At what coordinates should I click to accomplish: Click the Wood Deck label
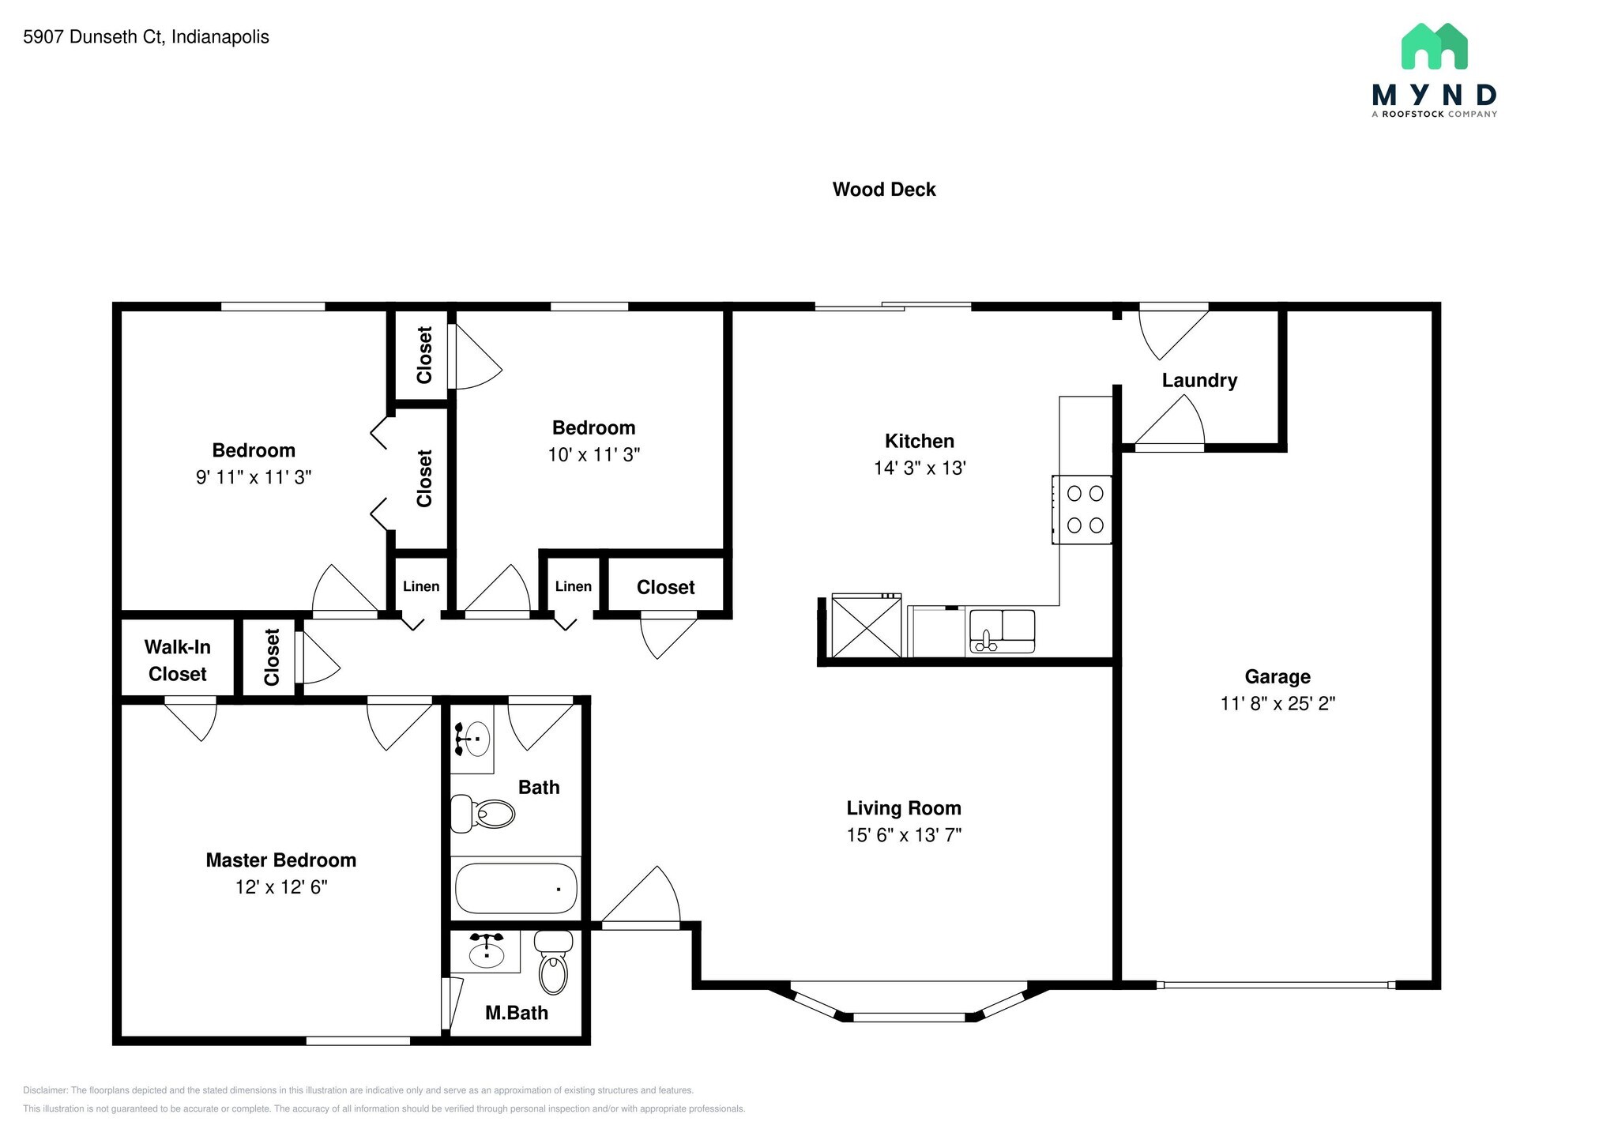[x=883, y=190]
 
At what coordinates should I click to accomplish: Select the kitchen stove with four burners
[x=1082, y=510]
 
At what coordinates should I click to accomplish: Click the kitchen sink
[x=1002, y=631]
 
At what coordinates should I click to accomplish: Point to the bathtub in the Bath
[x=515, y=888]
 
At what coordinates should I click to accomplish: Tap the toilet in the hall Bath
[x=484, y=813]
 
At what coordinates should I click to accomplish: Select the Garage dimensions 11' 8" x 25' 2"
[x=1277, y=703]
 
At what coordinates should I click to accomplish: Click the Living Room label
[x=904, y=808]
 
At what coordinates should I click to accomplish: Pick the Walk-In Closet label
[x=177, y=660]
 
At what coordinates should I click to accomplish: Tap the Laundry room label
[x=1198, y=381]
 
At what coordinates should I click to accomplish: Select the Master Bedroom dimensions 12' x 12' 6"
[x=280, y=887]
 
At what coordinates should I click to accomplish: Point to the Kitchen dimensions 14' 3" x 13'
[x=920, y=468]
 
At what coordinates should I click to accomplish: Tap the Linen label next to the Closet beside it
[x=573, y=586]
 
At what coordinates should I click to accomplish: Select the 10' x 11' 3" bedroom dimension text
[x=593, y=455]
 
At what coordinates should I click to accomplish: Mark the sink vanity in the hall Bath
[x=472, y=739]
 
